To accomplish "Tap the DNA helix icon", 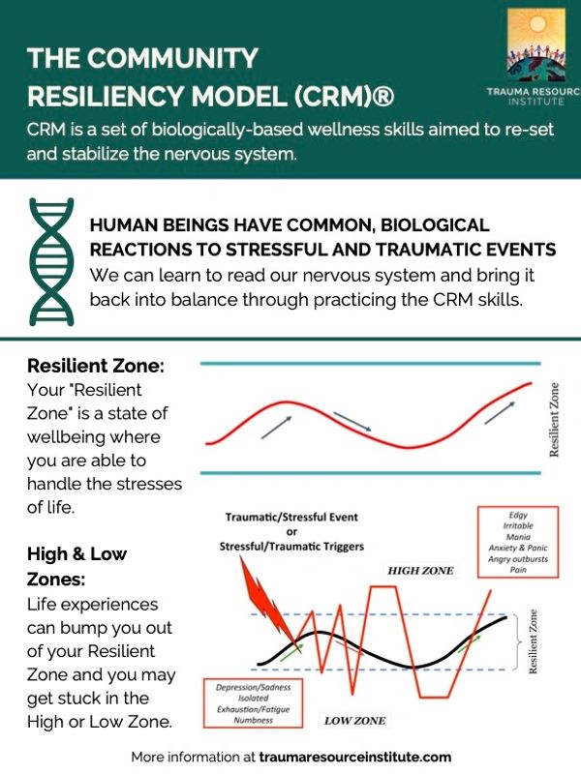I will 50,260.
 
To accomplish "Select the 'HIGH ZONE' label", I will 420,571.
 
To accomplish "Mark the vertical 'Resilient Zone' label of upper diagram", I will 555,418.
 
